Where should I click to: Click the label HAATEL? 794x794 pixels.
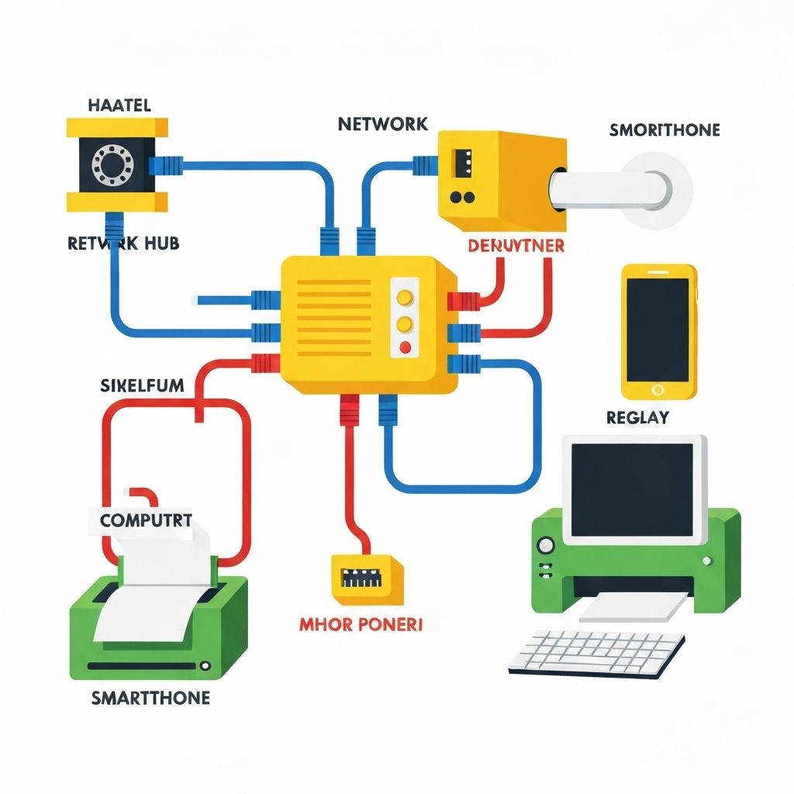(119, 105)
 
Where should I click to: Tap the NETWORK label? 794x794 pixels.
(382, 123)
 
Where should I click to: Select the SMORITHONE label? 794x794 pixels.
(664, 129)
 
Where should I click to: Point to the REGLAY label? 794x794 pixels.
(637, 418)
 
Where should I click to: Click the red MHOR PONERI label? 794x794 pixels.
(361, 623)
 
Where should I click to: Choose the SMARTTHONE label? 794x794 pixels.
(150, 698)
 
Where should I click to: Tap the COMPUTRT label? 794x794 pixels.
(145, 520)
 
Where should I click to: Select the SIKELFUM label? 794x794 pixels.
(143, 385)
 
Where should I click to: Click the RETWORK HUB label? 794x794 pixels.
(123, 243)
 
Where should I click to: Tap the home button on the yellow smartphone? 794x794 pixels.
(658, 389)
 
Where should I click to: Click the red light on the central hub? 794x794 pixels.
(404, 347)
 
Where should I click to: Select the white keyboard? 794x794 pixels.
(597, 651)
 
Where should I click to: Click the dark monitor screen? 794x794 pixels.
(632, 488)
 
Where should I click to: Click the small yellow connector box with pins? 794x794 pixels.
(367, 578)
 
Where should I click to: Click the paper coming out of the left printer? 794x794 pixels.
(155, 593)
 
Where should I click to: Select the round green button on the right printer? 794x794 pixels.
(545, 544)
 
